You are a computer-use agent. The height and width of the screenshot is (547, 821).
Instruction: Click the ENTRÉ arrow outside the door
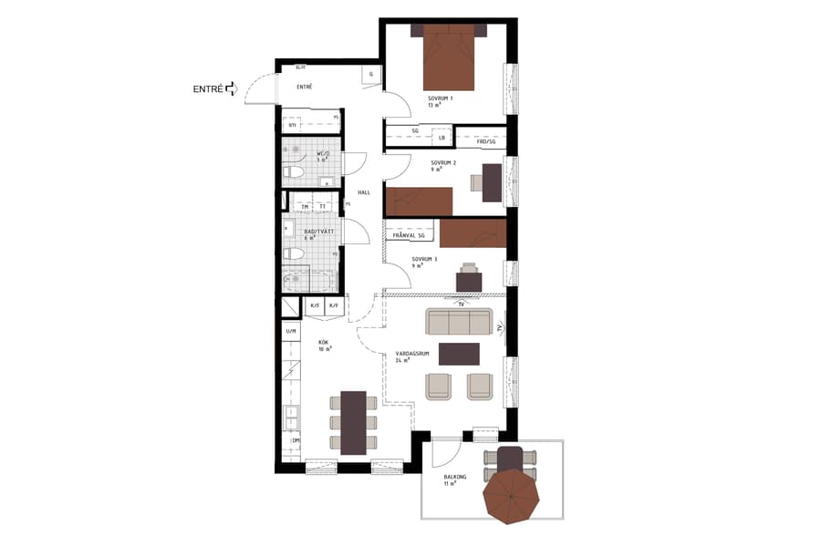[x=231, y=88]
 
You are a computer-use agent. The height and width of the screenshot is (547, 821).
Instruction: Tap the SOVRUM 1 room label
[x=441, y=98]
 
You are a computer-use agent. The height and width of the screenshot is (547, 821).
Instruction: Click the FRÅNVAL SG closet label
[x=408, y=236]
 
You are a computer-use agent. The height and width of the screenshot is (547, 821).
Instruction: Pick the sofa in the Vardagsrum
[x=459, y=322]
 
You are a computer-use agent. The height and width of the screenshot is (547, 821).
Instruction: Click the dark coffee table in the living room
[x=459, y=353]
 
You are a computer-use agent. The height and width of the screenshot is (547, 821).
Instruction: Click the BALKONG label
[x=455, y=476]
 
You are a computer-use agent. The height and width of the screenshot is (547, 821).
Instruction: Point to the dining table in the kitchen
[x=353, y=422]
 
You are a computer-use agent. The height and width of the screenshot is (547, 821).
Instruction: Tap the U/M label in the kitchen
[x=291, y=332]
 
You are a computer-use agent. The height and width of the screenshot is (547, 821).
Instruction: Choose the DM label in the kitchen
[x=296, y=441]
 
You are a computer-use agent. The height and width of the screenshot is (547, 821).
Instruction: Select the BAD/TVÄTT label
[x=318, y=232]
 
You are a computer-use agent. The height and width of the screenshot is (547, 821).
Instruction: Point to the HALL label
[x=364, y=192]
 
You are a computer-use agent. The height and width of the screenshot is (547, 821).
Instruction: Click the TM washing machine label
[x=305, y=208]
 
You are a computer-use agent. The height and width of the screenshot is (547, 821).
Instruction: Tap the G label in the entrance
[x=371, y=74]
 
